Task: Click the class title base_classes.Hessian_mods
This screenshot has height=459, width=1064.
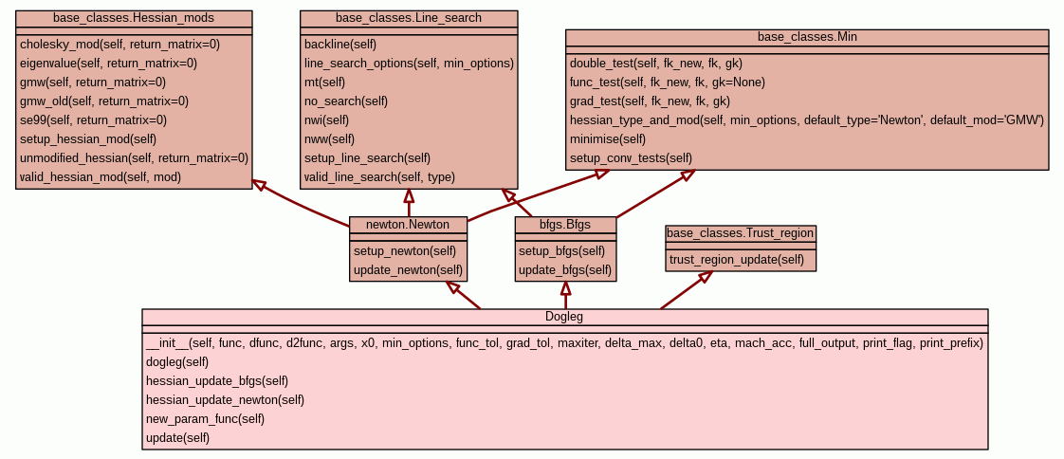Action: pos(134,18)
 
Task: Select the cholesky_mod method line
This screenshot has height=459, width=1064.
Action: pos(119,45)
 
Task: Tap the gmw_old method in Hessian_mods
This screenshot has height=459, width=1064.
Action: pos(103,101)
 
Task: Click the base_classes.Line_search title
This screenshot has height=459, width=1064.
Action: pos(409,18)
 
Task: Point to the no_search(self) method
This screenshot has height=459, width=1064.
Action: pos(346,101)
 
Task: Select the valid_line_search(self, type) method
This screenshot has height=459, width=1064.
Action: pos(379,177)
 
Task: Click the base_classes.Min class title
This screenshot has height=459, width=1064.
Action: pos(807,37)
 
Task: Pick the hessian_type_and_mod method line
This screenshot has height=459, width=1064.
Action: pos(806,120)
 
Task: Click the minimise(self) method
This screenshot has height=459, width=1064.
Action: pos(609,139)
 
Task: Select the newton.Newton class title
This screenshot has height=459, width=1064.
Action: pos(408,225)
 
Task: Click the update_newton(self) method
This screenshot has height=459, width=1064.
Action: pos(408,270)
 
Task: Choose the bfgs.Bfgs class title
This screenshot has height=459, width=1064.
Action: pos(565,225)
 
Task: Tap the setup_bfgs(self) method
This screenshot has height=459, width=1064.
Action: pos(561,251)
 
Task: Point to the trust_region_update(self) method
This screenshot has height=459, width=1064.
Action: pos(737,260)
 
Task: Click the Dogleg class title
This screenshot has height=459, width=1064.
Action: pos(565,317)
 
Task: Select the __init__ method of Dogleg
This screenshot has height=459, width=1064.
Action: pos(564,343)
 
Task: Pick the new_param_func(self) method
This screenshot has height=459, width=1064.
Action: pos(205,419)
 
